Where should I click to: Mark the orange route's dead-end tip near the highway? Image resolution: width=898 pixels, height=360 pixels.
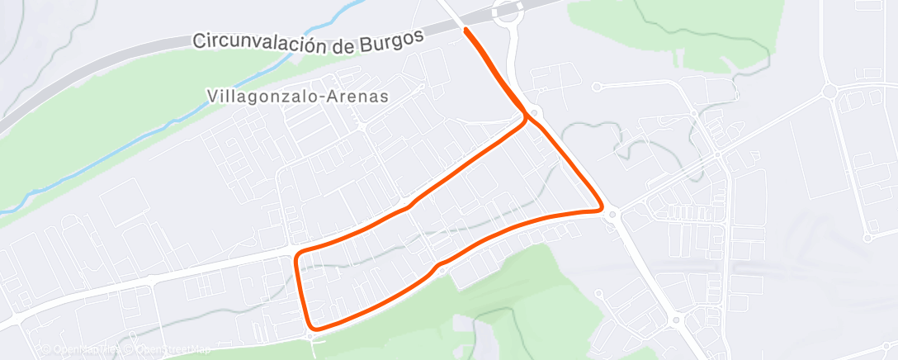point(467,31)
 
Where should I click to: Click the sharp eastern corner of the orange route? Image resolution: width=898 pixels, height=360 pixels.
point(600,210)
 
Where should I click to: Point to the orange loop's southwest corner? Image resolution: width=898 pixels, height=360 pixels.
point(310,326)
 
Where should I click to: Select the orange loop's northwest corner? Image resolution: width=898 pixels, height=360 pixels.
point(299,252)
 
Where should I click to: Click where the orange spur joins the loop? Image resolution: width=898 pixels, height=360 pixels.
point(526,118)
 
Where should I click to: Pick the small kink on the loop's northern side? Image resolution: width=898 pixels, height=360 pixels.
point(407,206)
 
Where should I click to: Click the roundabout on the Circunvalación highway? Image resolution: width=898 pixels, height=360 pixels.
point(506,12)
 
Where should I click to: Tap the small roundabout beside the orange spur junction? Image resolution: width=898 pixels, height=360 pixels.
point(536,113)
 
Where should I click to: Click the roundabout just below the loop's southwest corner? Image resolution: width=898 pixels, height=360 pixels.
point(310,336)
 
